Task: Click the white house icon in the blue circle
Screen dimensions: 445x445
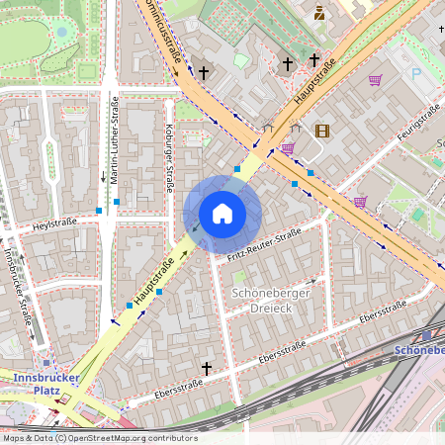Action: tap(222, 214)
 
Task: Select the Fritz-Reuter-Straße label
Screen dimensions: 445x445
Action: tap(263, 245)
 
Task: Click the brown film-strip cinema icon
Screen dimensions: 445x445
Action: tap(321, 130)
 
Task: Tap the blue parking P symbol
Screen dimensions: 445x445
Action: tap(415, 73)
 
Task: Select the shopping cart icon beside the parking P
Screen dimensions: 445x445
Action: tap(375, 80)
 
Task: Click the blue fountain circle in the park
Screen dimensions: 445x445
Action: tap(62, 32)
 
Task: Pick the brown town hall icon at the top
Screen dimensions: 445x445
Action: tap(319, 13)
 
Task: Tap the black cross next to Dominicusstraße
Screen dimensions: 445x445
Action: tap(205, 72)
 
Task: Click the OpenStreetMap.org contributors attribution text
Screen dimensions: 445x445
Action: tap(133, 438)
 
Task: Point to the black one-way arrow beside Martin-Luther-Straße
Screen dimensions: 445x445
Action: tap(103, 177)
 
